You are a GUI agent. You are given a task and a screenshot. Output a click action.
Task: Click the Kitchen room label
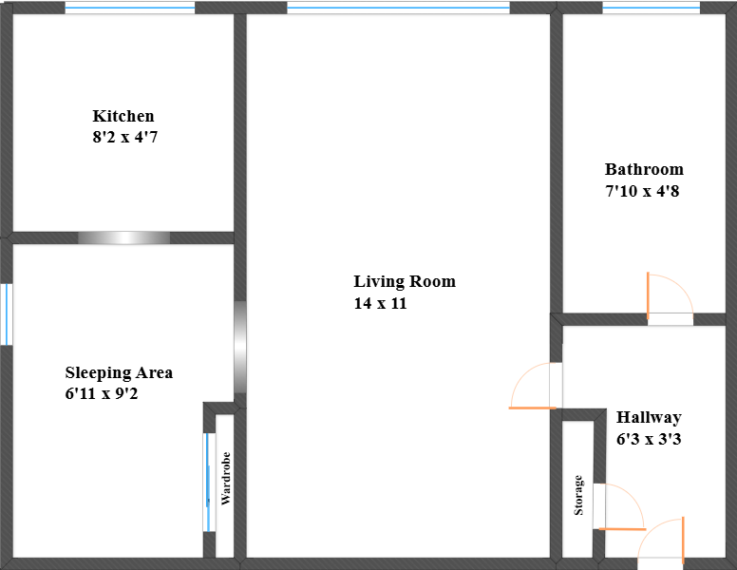[x=123, y=116]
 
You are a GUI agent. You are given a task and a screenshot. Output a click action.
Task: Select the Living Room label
[x=405, y=281]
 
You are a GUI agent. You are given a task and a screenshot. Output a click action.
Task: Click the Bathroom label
[x=644, y=169]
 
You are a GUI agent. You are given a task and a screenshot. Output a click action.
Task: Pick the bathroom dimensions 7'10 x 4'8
[x=642, y=190]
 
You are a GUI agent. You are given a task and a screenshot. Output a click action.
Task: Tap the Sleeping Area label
[x=119, y=372]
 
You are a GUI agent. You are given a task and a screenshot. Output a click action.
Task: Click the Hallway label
[x=649, y=417]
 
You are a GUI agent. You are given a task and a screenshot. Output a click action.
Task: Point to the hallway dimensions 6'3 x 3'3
[x=649, y=439]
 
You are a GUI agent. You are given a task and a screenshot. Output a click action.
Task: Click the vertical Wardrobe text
[x=226, y=484]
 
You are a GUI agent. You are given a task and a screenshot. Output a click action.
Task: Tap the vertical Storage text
[x=578, y=495]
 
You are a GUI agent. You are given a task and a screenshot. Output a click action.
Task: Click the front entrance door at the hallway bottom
[x=663, y=544]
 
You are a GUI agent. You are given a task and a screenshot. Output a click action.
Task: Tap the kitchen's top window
[x=130, y=8]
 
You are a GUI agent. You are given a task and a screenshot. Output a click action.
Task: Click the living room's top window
[x=398, y=8]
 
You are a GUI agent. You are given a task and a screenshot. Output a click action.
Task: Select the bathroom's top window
[x=651, y=8]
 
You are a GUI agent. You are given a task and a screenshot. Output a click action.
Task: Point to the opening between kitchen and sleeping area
[x=123, y=237]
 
